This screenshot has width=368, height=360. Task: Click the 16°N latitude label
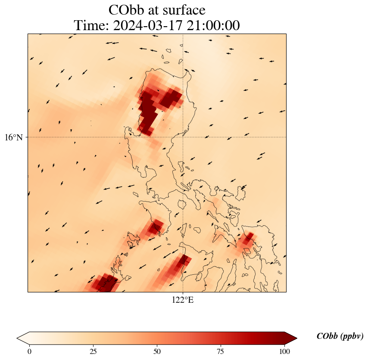click(x=14, y=137)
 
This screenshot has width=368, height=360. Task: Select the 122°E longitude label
click(x=183, y=300)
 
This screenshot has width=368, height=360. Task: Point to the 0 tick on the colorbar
click(x=30, y=351)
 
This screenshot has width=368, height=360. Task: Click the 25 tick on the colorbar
click(x=93, y=351)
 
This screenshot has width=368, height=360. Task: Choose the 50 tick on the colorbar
click(x=157, y=351)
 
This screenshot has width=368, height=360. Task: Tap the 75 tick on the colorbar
click(x=221, y=351)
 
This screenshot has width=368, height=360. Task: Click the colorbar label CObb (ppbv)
click(x=340, y=336)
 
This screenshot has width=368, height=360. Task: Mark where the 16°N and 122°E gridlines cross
click(x=183, y=137)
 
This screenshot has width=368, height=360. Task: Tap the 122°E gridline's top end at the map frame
click(x=183, y=34)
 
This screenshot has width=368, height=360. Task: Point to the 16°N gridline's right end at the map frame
click(x=286, y=137)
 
